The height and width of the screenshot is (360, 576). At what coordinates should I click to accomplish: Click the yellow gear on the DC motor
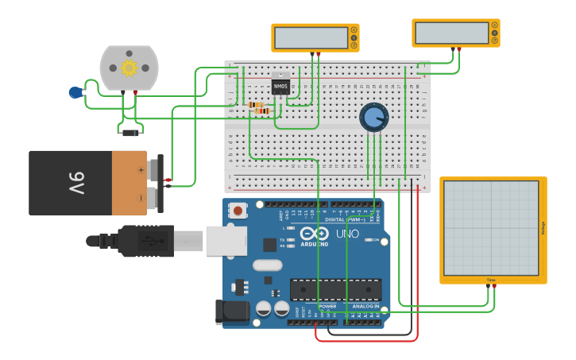129,68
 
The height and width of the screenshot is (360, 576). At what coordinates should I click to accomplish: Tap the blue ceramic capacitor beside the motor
75,92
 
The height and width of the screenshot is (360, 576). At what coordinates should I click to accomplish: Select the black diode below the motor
130,133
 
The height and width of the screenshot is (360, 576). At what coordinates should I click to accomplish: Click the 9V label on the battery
76,183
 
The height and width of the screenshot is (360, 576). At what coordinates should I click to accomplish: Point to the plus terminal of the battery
141,170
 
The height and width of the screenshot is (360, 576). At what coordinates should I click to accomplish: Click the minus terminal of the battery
141,196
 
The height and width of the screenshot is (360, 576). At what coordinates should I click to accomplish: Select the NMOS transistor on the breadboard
280,85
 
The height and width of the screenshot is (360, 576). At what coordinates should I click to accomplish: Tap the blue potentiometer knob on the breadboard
373,118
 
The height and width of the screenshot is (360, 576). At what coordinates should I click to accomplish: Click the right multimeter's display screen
451,33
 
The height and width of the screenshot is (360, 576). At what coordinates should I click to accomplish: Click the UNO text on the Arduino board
348,234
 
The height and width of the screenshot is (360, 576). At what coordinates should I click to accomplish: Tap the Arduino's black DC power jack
232,312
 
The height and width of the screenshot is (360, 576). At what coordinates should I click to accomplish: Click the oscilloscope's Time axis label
491,280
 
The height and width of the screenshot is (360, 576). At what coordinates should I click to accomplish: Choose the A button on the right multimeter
494,25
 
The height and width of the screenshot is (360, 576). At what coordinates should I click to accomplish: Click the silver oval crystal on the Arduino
267,265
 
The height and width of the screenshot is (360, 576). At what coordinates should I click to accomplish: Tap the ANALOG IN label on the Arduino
365,306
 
